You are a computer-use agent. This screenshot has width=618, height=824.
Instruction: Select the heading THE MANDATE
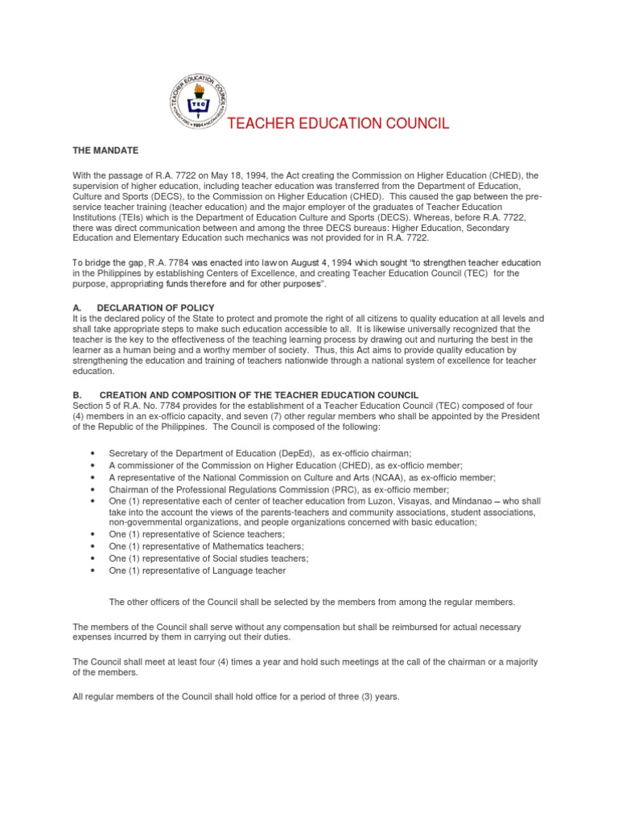pyautogui.click(x=106, y=150)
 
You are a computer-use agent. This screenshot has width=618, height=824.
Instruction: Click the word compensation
pyautogui.click(x=279, y=626)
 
